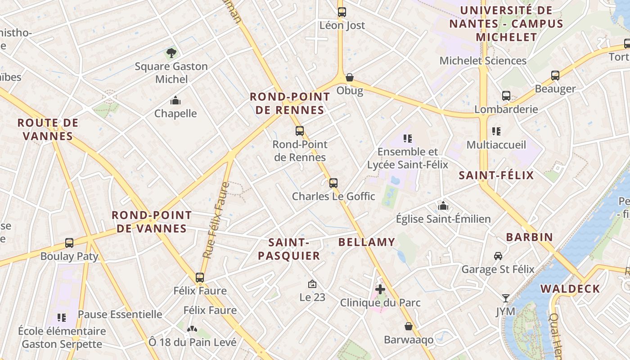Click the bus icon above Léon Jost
coord(342,12)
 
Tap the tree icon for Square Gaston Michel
coord(171,53)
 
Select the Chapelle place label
coord(175,113)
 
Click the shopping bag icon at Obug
coord(350,77)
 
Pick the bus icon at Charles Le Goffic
coord(333,183)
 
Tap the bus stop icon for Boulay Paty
coord(69,243)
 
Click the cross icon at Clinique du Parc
coord(380,289)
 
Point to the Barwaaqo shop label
coord(409,339)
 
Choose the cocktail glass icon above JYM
coord(506,298)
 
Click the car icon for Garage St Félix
coord(498,256)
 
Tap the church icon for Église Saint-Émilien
coord(443,206)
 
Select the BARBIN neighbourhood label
coord(529,237)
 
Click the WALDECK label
coord(570,289)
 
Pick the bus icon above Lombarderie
coord(506,96)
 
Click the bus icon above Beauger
coord(555,76)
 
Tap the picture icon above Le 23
coord(312,284)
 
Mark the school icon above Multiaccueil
coord(496,131)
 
